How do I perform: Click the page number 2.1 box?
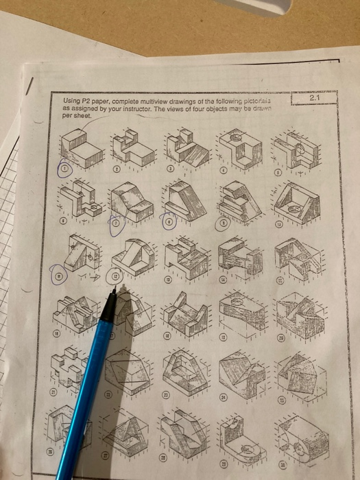pyautogui.click(x=313, y=97)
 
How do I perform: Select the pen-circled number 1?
pyautogui.click(x=65, y=169)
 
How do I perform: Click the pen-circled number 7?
pyautogui.click(x=116, y=223)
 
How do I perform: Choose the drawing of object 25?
pyautogui.click(x=298, y=374)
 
